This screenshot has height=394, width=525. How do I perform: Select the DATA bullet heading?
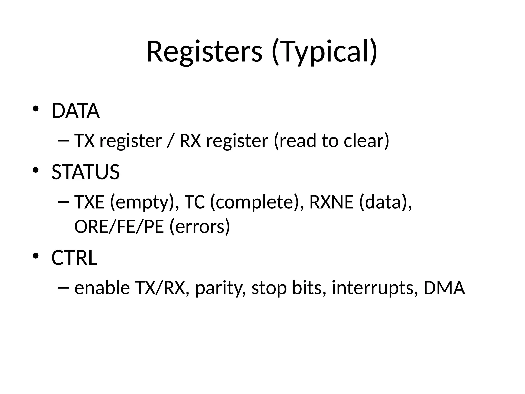tap(75, 111)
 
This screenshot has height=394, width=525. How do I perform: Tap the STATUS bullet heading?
tap(85, 172)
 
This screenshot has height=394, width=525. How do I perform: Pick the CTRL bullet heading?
tap(74, 258)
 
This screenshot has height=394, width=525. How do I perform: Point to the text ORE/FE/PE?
tap(119, 227)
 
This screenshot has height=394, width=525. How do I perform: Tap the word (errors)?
tap(200, 227)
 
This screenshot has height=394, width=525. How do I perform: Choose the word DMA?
tap(444, 288)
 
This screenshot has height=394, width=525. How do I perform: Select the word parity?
tap(218, 288)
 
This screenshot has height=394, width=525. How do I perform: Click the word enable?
tap(102, 288)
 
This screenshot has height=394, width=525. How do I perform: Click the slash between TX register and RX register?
tap(169, 141)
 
